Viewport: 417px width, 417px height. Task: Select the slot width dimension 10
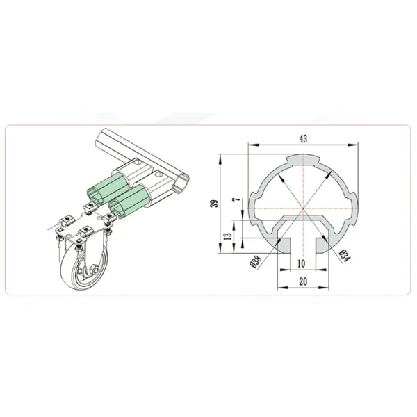pos(302,264)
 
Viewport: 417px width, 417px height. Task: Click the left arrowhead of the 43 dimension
pos(252,145)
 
